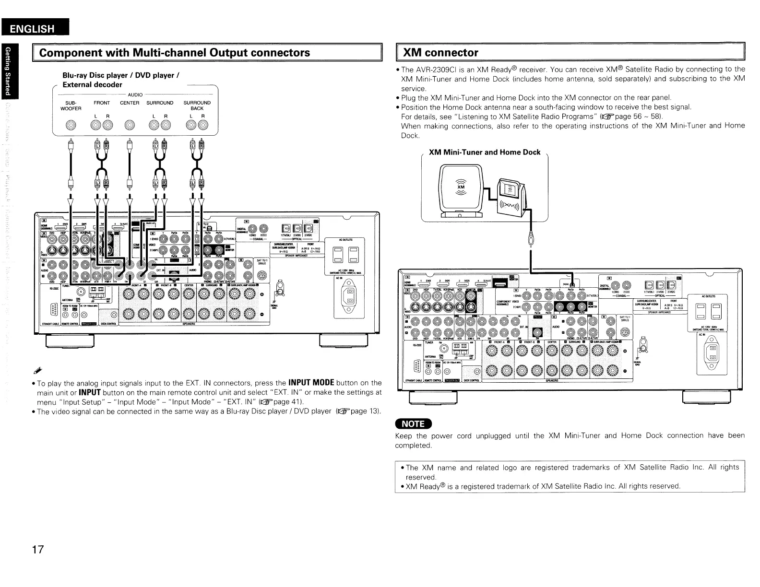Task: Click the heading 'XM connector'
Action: pos(440,52)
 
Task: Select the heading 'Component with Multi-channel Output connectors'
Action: pos(174,52)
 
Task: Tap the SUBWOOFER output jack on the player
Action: pos(71,126)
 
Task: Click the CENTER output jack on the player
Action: pos(129,126)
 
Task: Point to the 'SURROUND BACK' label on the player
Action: pos(197,106)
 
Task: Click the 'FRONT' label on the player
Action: pos(102,103)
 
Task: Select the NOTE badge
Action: pos(413,423)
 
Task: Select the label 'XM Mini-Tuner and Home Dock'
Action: pos(484,152)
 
